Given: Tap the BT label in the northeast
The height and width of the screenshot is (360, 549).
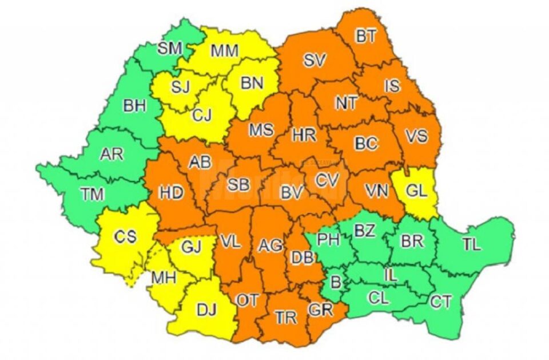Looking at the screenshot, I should click(x=367, y=37).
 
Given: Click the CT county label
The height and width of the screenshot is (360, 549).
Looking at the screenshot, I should click(x=440, y=301).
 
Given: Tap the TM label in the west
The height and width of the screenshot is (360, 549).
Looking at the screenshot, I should click(x=92, y=194).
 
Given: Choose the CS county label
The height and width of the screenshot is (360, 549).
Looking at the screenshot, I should click(x=125, y=237).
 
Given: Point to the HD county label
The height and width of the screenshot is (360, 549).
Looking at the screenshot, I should click(x=171, y=193).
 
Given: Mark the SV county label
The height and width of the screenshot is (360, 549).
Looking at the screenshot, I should click(x=316, y=59).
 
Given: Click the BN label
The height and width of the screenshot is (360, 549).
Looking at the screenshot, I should click(x=252, y=83).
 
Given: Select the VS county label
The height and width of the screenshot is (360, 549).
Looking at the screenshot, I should click(x=416, y=137).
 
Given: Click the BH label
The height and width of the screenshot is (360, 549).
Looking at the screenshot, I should click(x=134, y=105).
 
